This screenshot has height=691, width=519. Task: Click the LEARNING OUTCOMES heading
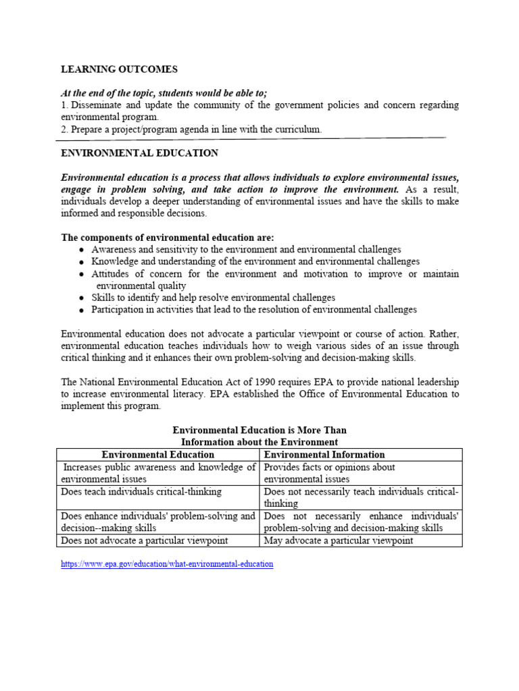coord(120,70)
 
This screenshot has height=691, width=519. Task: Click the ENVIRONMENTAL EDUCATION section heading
coord(139,154)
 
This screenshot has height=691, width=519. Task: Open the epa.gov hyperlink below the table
coord(167,563)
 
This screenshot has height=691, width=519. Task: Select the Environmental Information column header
coord(324,455)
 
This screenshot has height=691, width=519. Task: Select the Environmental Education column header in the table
coord(157,455)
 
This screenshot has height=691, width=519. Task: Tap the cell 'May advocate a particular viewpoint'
coord(338,541)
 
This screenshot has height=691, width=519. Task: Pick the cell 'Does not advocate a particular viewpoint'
coord(145,541)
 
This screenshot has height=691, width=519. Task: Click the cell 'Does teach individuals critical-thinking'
coord(141,492)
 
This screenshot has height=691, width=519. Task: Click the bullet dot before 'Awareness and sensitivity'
coord(81,250)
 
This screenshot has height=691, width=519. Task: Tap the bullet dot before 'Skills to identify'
coord(81,298)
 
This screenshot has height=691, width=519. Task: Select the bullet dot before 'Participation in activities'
coord(81,310)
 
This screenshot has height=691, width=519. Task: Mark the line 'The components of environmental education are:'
coord(168,238)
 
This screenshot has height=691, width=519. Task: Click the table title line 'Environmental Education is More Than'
coord(259,430)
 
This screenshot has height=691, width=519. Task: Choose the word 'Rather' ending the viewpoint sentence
coord(443,334)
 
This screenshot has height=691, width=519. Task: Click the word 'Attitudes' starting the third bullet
coord(112,274)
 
